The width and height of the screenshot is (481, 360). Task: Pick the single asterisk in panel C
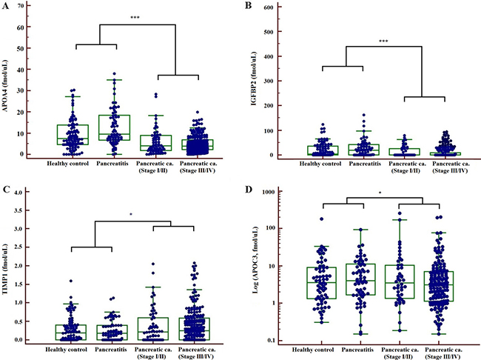coord(131,216)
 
